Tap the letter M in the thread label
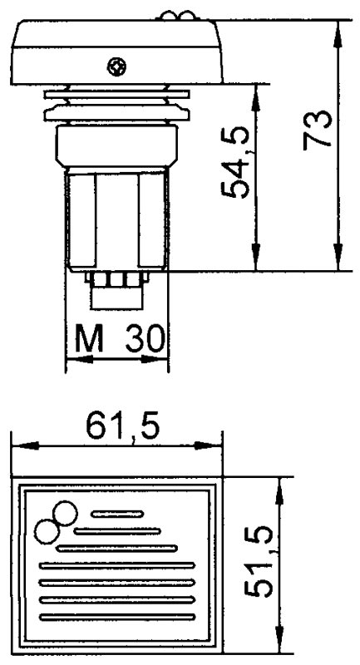(87, 339)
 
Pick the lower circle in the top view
(46, 530)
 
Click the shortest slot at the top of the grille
(117, 514)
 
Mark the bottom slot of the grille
(116, 616)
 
